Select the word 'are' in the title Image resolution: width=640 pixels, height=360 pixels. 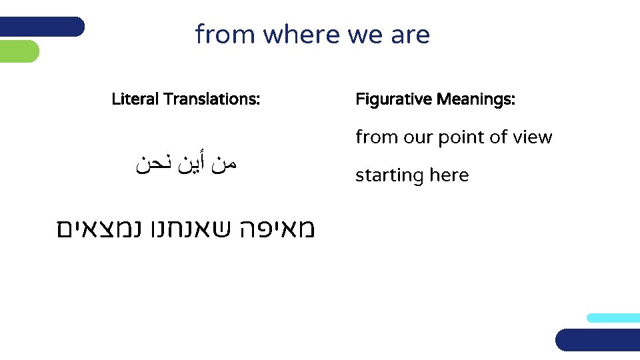pyautogui.click(x=411, y=35)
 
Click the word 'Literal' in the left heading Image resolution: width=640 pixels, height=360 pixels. pyautogui.click(x=135, y=100)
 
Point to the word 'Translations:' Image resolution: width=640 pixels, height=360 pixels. pyautogui.click(x=211, y=100)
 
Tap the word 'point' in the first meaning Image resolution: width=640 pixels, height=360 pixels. pyautogui.click(x=464, y=138)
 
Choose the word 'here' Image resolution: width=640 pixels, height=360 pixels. pyautogui.click(x=449, y=175)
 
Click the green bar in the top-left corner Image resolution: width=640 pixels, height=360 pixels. pyautogui.click(x=19, y=51)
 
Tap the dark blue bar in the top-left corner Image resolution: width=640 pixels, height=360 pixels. pyautogui.click(x=41, y=27)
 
